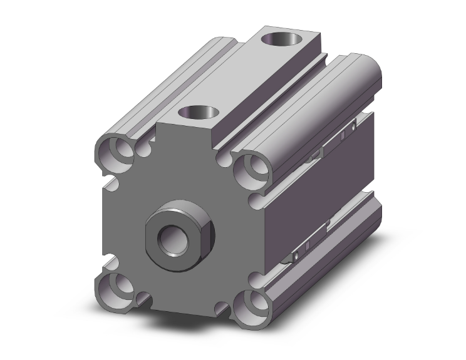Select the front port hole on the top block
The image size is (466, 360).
click(199, 113)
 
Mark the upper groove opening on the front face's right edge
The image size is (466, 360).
click(256, 200)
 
